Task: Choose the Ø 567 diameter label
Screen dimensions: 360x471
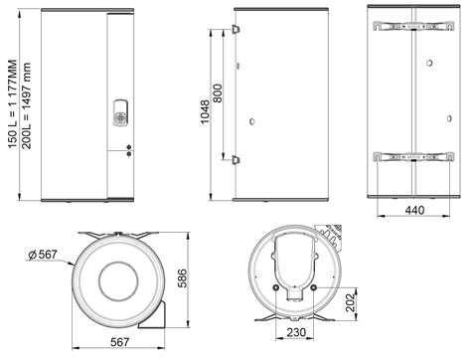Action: click(42, 257)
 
